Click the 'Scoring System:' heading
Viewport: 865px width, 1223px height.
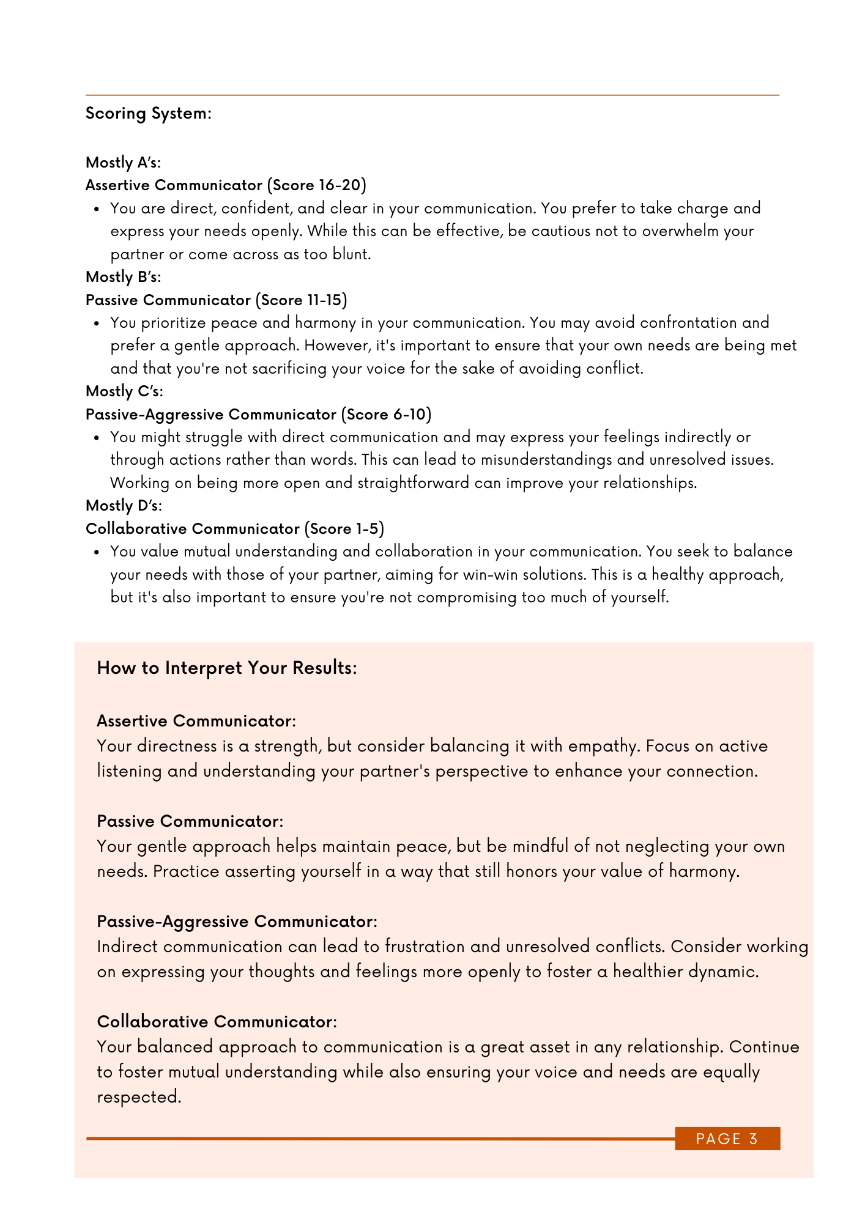(x=148, y=114)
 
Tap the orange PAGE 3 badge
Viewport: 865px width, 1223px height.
(x=727, y=1139)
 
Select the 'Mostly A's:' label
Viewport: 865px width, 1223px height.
(x=123, y=163)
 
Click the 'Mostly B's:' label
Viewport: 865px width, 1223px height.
(x=123, y=277)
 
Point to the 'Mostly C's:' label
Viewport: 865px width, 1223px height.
(x=124, y=391)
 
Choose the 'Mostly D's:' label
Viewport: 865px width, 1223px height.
(x=124, y=506)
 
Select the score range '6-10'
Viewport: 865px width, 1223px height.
(x=409, y=415)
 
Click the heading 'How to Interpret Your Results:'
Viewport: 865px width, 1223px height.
(x=227, y=668)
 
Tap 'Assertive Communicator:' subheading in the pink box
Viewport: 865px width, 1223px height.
(x=196, y=721)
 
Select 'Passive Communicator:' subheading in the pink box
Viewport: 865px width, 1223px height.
(x=190, y=821)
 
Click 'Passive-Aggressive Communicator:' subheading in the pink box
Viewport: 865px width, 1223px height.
(x=237, y=922)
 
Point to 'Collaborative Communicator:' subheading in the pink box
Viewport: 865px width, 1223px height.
(x=217, y=1022)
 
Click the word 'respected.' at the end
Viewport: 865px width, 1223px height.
(x=139, y=1097)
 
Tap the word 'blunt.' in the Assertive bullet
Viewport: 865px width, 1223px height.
(x=352, y=254)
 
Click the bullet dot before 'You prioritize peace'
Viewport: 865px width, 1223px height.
(x=97, y=323)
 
